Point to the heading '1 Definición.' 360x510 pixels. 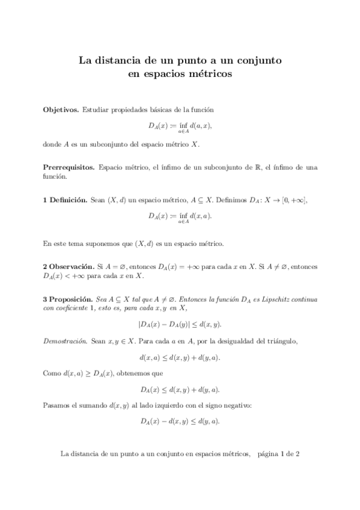pos(66,200)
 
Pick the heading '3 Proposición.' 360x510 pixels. pos(67,298)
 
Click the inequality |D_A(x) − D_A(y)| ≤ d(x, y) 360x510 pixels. pos(180,324)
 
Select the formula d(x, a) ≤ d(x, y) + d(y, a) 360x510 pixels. pos(180,357)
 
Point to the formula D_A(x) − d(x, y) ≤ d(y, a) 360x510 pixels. pos(180,420)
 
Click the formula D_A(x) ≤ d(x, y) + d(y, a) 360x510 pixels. pos(180,389)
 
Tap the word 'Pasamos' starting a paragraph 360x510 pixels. pos(57,405)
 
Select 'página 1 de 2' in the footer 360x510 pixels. pos(278,454)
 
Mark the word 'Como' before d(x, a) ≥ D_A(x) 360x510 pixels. pos(52,373)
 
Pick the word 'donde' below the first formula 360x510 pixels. pos(53,144)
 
